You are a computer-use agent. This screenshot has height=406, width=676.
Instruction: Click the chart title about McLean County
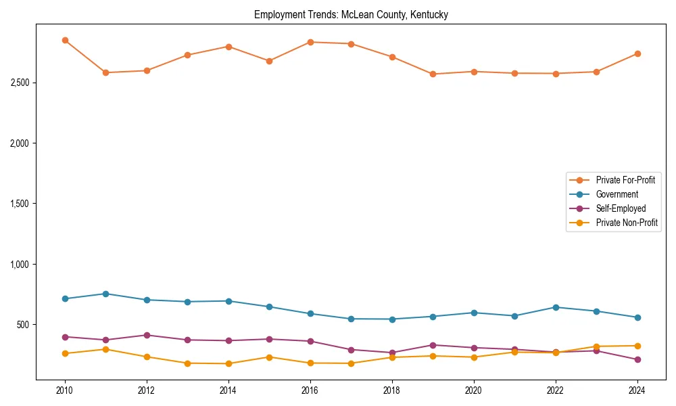click(351, 14)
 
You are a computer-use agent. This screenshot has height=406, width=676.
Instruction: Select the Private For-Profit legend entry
click(625, 180)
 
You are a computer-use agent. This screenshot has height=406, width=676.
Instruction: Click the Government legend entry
click(617, 194)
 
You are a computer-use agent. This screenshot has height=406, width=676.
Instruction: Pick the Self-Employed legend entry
click(621, 208)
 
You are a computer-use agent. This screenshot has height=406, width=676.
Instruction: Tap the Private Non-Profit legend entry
click(627, 223)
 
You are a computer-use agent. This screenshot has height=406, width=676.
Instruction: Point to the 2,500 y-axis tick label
click(24, 83)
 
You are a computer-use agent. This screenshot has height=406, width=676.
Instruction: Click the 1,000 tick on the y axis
click(24, 265)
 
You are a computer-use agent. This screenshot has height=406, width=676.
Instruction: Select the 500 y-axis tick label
click(27, 325)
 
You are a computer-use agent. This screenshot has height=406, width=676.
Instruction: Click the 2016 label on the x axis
click(310, 390)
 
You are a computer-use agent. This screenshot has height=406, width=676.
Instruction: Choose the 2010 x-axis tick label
click(65, 390)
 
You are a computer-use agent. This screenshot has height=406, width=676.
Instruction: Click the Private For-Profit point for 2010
click(65, 41)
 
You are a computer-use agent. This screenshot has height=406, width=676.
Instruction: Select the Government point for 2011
click(106, 294)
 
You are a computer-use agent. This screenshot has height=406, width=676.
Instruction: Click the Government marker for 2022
click(556, 307)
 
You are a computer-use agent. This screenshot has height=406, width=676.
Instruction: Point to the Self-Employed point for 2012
click(147, 335)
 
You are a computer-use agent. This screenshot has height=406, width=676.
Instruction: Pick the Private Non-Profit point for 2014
click(228, 364)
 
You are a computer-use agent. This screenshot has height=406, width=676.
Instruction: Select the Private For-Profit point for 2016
click(310, 42)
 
